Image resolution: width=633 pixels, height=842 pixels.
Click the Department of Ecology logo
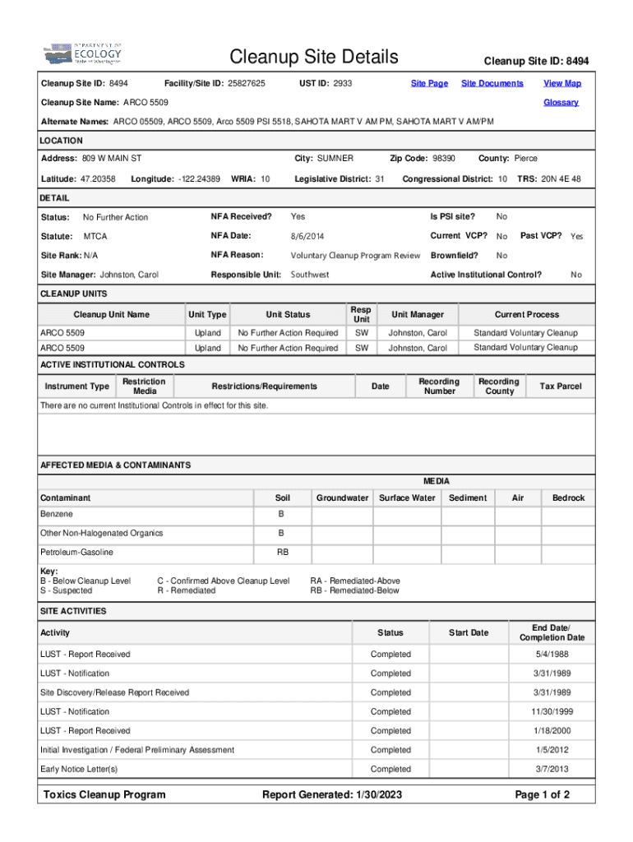point(82,55)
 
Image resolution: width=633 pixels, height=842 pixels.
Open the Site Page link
point(429,84)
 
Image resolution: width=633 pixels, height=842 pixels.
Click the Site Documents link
point(492,84)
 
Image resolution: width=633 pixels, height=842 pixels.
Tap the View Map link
point(562,84)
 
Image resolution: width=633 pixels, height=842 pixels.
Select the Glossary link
point(561,103)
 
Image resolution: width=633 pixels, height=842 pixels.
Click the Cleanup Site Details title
point(314,58)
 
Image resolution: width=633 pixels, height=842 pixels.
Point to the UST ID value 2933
point(343,84)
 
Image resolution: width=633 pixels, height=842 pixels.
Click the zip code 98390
point(444,158)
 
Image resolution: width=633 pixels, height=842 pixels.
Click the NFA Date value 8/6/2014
point(309,237)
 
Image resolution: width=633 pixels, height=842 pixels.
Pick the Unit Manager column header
point(418,315)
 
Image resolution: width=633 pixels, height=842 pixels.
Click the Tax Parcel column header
point(560,386)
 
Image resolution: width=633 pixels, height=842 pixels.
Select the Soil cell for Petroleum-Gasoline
point(282,553)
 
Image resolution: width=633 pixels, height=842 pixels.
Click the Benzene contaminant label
point(57,514)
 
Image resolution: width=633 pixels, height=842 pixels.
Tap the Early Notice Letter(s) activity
point(79,770)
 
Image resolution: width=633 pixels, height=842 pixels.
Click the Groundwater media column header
point(342,498)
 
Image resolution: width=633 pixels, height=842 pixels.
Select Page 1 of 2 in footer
point(542,795)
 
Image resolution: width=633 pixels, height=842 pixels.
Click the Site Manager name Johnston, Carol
point(129,275)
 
